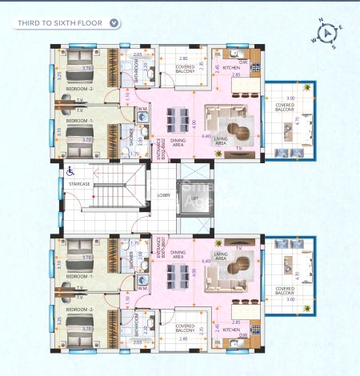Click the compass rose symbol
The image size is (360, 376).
click(x=329, y=34)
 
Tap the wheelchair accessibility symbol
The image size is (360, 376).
click(x=70, y=170)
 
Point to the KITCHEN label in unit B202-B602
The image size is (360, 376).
click(x=231, y=68)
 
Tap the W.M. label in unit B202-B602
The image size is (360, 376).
click(x=142, y=110)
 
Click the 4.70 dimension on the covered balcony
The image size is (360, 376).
click(x=298, y=121)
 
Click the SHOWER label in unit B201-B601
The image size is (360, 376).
click(x=132, y=260)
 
